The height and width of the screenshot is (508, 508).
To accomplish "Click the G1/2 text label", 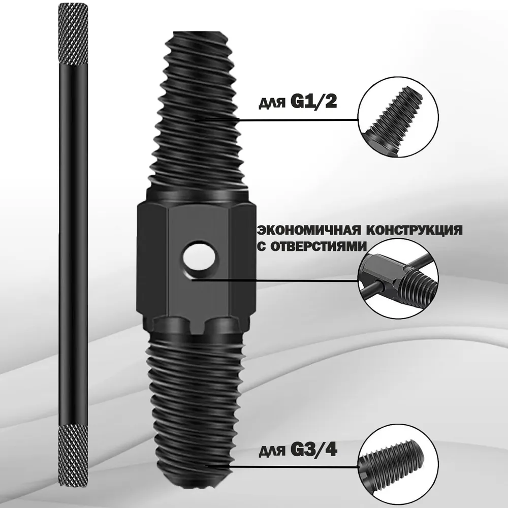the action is (314, 102).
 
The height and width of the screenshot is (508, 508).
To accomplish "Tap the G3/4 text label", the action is (314, 450).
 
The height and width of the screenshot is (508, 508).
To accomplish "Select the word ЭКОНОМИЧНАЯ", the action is (309, 230).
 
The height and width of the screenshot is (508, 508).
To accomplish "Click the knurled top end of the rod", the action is (73, 35).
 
